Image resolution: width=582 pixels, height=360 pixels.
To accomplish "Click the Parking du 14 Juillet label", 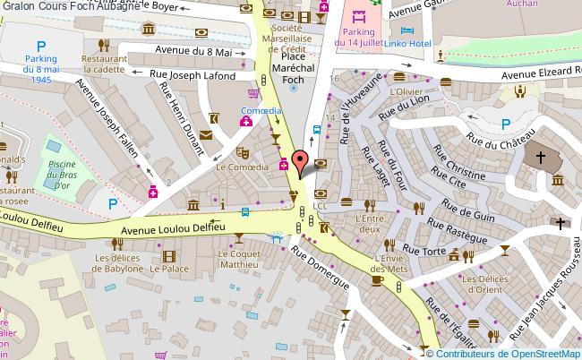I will coord(358,37).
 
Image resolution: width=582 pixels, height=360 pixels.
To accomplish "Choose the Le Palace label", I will coord(168,268).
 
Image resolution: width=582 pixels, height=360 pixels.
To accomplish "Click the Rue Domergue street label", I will coord(319,268).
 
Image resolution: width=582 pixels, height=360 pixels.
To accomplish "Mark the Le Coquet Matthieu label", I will coord(239,260).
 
